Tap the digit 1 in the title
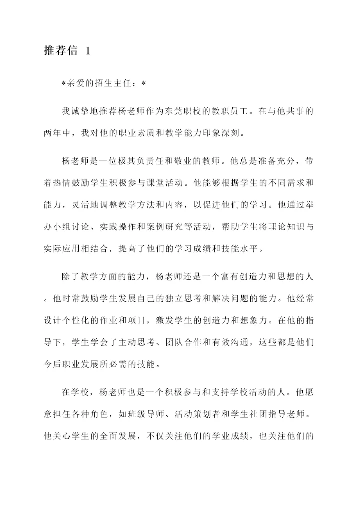[88, 52]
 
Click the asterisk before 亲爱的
[64, 84]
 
